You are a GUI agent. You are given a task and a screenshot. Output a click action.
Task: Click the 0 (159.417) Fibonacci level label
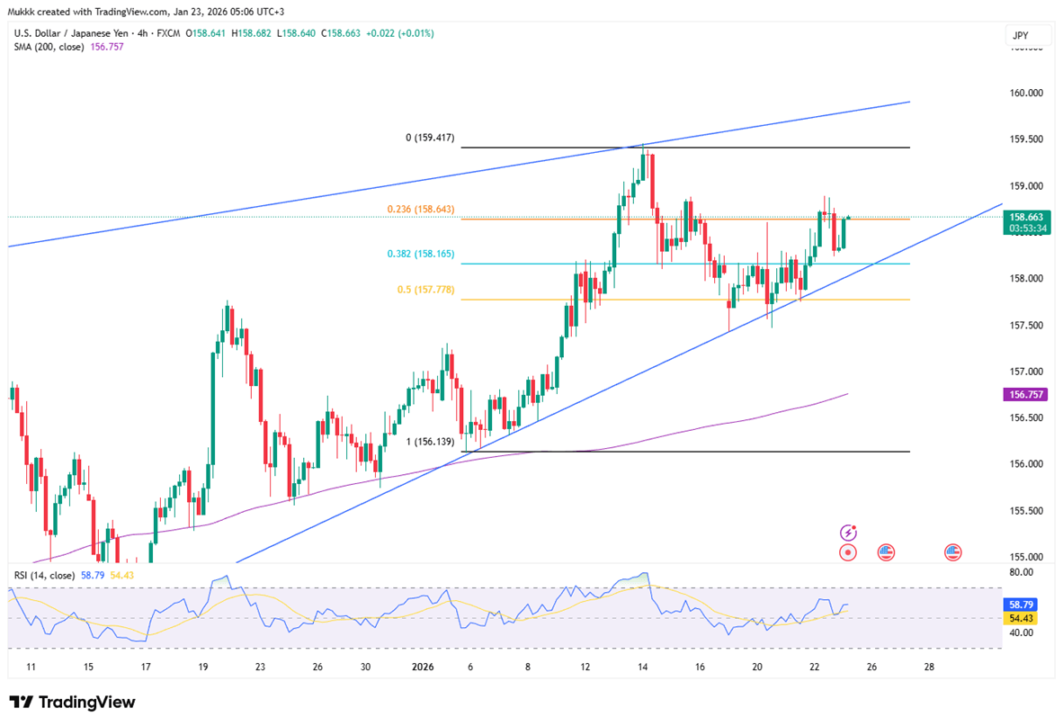point(429,139)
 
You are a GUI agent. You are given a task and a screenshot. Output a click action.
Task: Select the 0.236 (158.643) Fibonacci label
point(421,209)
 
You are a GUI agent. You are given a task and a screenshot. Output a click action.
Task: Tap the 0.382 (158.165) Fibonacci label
point(421,254)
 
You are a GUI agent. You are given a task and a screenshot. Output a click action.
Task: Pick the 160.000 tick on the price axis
point(1026,93)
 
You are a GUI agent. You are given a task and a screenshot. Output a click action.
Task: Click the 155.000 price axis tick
point(1026,557)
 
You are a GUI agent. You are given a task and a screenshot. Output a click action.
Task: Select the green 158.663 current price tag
point(1026,217)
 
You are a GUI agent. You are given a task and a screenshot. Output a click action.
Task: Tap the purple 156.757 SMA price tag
point(1026,394)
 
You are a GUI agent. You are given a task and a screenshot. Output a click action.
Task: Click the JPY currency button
point(1021,37)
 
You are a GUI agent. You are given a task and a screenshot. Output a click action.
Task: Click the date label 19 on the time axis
point(202,668)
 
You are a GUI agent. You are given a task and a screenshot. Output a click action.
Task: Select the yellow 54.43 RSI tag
point(1023,619)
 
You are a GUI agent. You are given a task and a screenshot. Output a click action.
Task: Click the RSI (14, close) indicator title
point(44,574)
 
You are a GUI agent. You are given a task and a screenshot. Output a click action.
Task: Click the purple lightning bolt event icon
point(847,533)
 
